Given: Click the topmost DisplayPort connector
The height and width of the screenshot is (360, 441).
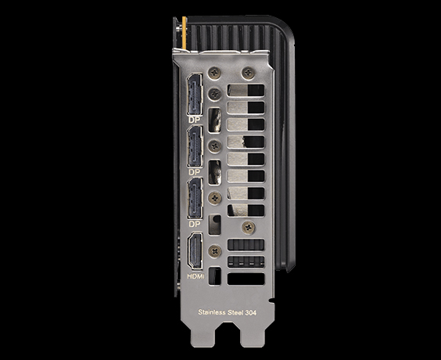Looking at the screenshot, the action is click(x=195, y=94).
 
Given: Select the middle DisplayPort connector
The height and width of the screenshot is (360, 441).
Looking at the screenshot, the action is click(x=195, y=146).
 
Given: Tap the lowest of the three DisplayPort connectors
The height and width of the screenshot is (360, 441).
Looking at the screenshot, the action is click(x=195, y=198).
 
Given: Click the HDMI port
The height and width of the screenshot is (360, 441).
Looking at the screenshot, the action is click(x=195, y=250).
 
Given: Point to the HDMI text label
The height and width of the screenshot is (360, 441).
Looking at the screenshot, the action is click(x=195, y=276).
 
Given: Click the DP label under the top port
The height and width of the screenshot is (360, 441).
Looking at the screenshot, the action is click(x=195, y=120).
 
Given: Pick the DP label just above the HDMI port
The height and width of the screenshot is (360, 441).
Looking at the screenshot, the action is click(x=195, y=224).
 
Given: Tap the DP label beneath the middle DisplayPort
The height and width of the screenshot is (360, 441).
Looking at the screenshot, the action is click(x=195, y=172).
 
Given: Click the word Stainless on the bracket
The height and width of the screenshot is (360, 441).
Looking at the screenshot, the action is click(x=212, y=312).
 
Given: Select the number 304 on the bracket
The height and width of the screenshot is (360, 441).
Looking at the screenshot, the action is click(x=250, y=312).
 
